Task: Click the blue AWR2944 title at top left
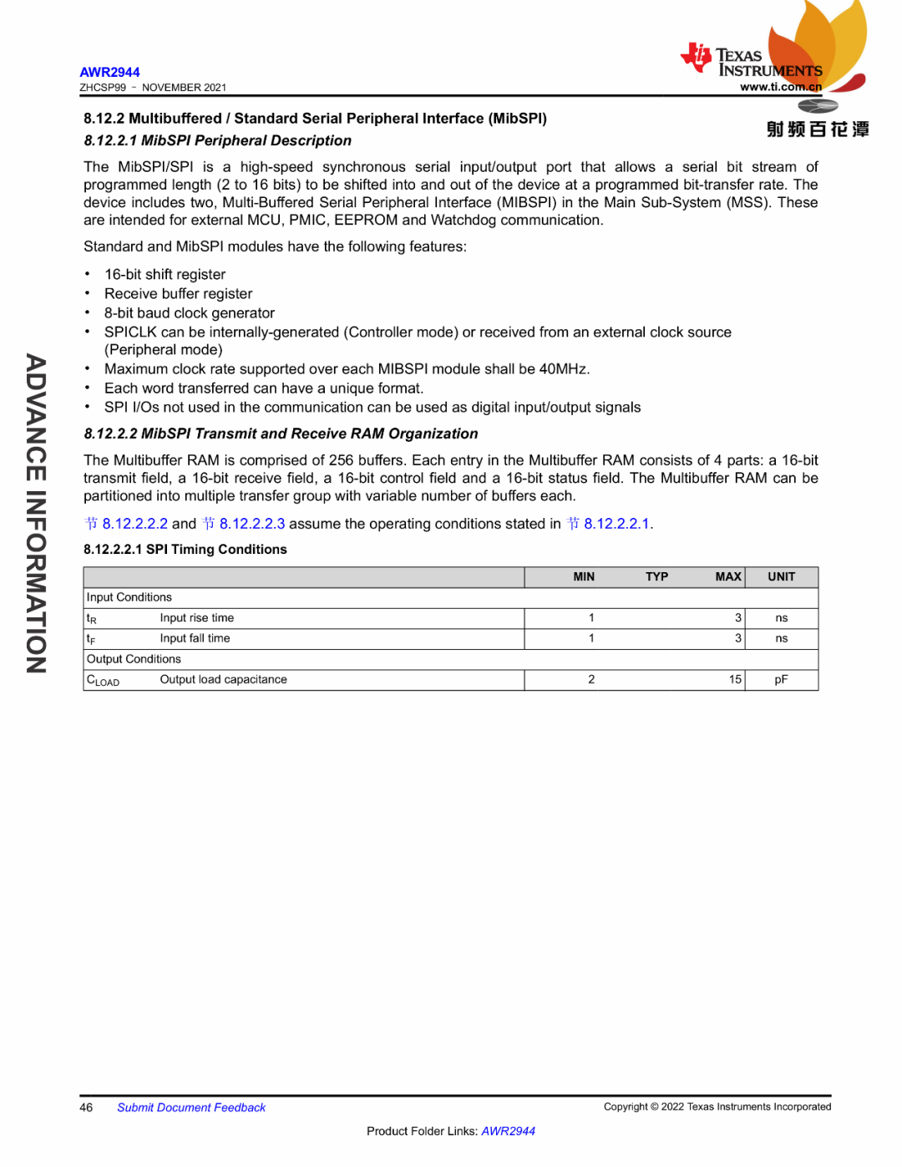point(109,72)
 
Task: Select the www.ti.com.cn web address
point(780,87)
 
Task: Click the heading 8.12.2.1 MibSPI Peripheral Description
point(217,140)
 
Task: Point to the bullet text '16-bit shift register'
point(165,274)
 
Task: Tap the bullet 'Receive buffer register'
point(178,293)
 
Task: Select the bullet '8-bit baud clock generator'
point(189,312)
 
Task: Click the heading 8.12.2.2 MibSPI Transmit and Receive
point(281,434)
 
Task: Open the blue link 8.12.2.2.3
point(251,524)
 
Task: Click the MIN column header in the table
point(584,576)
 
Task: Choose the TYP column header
point(656,576)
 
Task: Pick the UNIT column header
point(781,576)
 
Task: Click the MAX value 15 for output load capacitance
point(734,679)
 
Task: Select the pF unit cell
point(781,679)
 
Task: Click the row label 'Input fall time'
point(195,638)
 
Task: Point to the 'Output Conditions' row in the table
point(134,659)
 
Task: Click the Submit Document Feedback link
point(191,1108)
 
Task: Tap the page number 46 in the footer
point(86,1108)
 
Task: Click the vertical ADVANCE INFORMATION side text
point(36,514)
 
